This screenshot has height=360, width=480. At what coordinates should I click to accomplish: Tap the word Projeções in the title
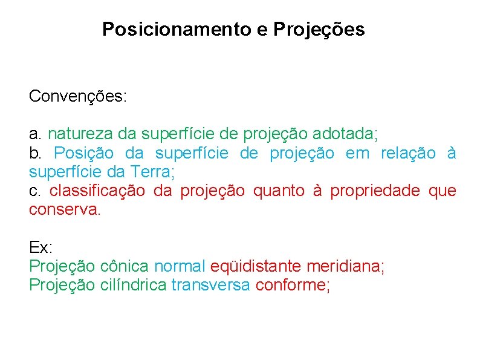[x=319, y=29]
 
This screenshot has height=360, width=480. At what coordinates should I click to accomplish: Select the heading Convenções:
[x=78, y=96]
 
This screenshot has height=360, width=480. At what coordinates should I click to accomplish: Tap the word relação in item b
[x=408, y=153]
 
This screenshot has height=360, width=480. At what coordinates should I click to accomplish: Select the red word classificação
[x=97, y=191]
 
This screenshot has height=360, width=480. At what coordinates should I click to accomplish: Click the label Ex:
[x=41, y=247]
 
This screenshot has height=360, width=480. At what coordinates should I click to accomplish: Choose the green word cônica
[x=125, y=266]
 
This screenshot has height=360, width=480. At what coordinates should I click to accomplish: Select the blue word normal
[x=180, y=266]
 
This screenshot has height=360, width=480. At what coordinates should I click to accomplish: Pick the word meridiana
[x=345, y=266]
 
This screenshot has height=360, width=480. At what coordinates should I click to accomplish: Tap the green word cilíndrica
[x=133, y=285]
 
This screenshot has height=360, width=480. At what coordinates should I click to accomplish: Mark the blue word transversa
[x=210, y=285]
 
